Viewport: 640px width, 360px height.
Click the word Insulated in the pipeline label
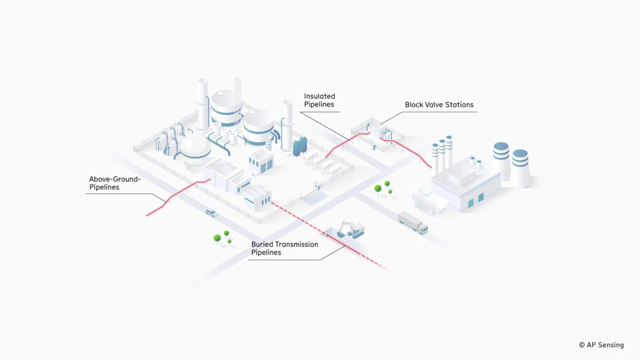point(319,96)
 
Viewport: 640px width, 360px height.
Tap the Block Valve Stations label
point(439,105)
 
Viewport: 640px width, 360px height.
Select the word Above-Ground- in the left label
point(115,179)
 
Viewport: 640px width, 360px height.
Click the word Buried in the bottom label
point(262,245)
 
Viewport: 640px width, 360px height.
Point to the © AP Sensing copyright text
point(601,345)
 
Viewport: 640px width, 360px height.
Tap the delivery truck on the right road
point(413,222)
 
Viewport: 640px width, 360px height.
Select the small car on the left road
point(211,213)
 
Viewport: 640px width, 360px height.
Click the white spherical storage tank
point(194,146)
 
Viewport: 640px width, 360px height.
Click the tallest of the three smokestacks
point(449,152)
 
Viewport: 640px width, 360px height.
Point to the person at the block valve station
point(374,146)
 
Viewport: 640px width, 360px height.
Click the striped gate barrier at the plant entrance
point(309,192)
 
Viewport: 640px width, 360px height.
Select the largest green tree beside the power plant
point(378,189)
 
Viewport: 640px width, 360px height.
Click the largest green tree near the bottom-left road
point(217,238)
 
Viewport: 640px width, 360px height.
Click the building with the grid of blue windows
point(262,162)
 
